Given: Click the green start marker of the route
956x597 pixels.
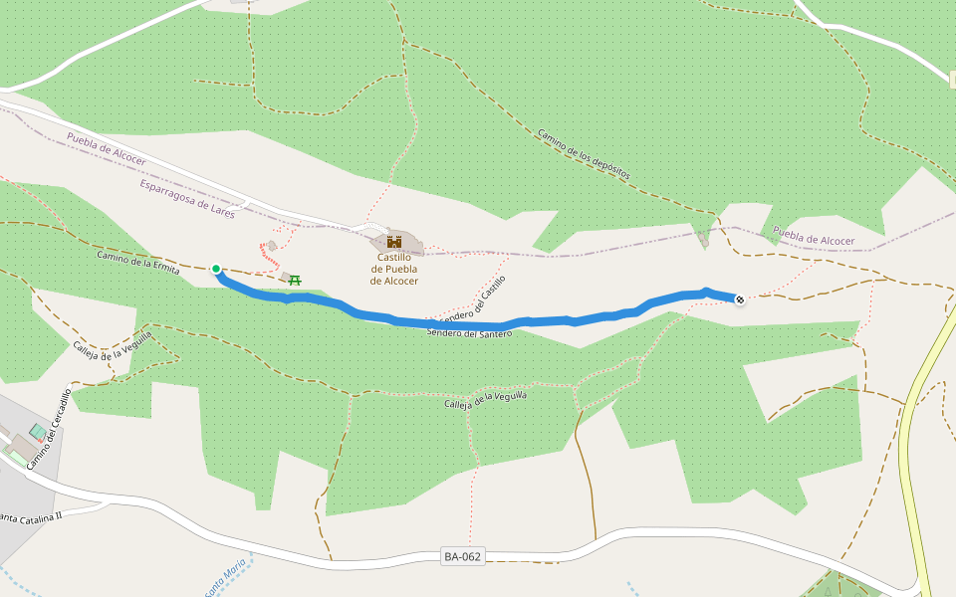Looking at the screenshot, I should click(216, 269).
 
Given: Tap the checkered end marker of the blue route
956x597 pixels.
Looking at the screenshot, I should click(739, 298).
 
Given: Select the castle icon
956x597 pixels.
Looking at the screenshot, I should click(394, 242).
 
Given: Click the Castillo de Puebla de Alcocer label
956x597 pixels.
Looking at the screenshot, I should click(393, 269).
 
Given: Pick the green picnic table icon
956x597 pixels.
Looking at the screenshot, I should click(295, 280).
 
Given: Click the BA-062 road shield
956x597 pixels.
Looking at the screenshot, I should click(463, 556).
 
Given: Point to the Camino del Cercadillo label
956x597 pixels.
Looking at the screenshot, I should click(49, 430).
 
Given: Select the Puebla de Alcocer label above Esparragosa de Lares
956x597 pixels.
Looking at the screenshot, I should click(107, 148).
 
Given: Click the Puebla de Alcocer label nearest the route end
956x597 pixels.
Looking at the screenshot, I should click(814, 239).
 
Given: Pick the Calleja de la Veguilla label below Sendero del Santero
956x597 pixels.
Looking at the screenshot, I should click(484, 401).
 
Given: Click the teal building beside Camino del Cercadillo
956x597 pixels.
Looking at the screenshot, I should click(37, 432).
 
